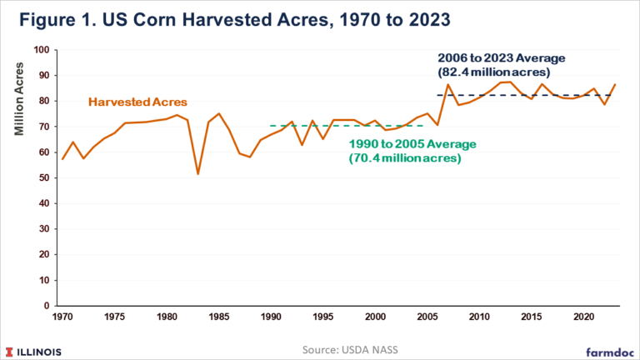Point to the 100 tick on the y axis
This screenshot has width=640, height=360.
(39, 50)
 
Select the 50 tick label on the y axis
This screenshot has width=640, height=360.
(42, 177)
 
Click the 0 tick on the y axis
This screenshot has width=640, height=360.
(45, 306)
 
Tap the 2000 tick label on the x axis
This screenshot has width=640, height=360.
(375, 317)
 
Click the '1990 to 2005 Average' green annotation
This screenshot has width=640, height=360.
(412, 143)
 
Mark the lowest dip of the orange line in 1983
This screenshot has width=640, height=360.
(197, 173)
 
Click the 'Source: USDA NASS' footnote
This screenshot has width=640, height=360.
(320, 345)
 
